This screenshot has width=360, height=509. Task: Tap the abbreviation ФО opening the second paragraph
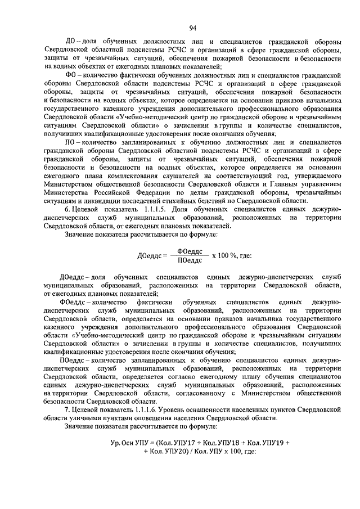click(x=71, y=75)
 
